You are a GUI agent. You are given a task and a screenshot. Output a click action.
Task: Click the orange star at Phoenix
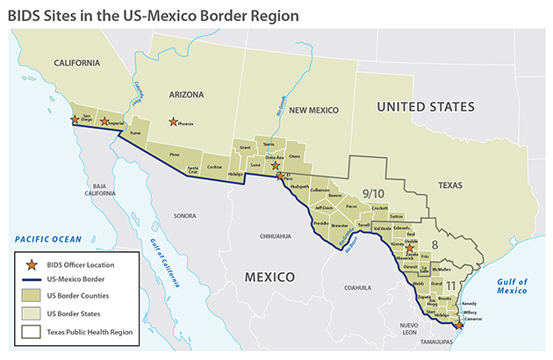[x=173, y=122]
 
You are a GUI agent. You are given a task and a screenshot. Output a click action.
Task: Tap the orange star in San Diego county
[x=75, y=119]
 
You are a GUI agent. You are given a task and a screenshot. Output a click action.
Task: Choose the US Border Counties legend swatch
[x=32, y=297]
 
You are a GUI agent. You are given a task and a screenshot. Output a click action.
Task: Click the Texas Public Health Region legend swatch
[x=32, y=332]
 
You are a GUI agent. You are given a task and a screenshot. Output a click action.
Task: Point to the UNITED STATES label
[x=425, y=106]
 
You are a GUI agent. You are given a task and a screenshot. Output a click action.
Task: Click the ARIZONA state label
[x=180, y=94]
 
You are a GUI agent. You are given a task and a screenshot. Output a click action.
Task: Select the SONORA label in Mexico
[x=184, y=215]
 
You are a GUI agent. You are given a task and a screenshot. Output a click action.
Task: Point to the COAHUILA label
[x=359, y=286]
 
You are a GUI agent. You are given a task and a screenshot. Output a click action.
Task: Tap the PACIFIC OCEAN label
[x=47, y=239]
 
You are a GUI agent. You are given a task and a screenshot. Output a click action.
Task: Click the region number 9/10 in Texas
[x=373, y=192]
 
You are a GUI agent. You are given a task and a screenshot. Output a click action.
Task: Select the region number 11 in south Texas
[x=449, y=286]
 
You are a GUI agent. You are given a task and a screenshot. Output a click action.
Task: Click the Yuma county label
[x=134, y=133]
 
